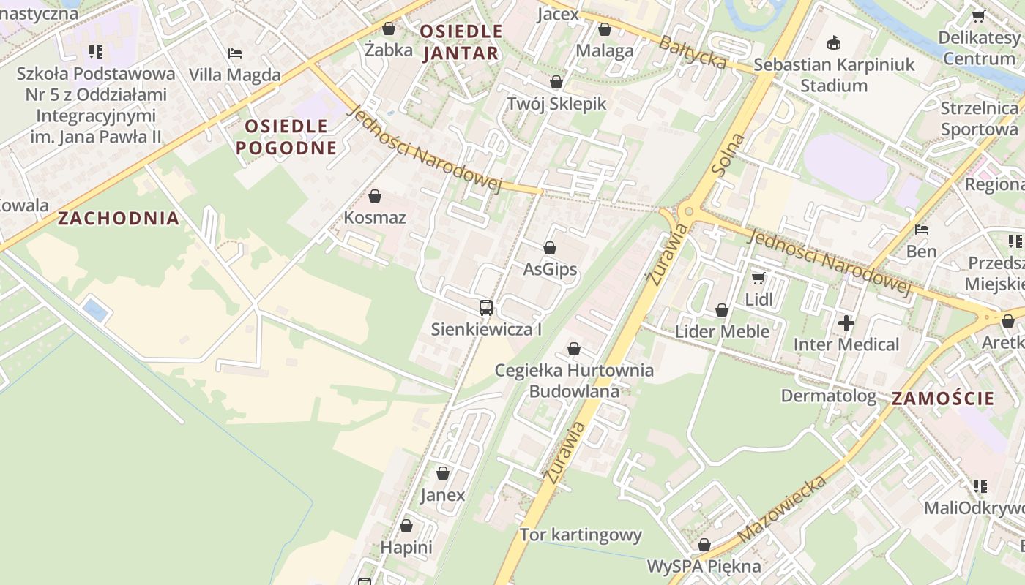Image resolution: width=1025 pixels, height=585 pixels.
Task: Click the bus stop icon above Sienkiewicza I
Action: (x=485, y=308)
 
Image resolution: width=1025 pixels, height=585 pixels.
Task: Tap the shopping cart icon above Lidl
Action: (x=758, y=278)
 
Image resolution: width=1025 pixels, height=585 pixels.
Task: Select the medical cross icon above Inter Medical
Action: (x=846, y=322)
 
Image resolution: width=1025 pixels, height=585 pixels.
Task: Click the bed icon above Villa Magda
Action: (x=235, y=53)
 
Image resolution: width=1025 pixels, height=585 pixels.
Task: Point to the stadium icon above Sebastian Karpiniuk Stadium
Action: (x=834, y=43)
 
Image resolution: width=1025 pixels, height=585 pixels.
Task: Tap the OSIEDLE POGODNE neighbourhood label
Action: (x=286, y=137)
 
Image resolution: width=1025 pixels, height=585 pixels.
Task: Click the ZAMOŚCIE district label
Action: (x=943, y=399)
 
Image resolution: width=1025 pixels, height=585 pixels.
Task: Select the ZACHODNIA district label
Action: (x=119, y=218)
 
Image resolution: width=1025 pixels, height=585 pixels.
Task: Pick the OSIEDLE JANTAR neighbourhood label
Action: (x=461, y=42)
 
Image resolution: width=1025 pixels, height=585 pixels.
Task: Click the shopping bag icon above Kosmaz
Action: (x=375, y=196)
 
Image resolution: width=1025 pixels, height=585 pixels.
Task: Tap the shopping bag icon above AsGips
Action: (x=550, y=249)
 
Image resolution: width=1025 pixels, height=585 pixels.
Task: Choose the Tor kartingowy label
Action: (x=581, y=535)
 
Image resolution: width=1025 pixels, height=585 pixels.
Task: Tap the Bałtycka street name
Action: (x=693, y=52)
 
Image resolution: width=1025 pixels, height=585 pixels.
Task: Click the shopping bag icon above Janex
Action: (x=442, y=474)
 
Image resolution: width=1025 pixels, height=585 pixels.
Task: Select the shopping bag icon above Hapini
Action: (x=406, y=526)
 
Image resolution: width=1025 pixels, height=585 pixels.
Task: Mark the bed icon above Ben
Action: (x=922, y=230)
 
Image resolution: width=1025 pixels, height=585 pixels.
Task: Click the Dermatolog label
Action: (x=828, y=396)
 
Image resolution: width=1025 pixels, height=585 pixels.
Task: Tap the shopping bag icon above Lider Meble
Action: (x=722, y=310)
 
